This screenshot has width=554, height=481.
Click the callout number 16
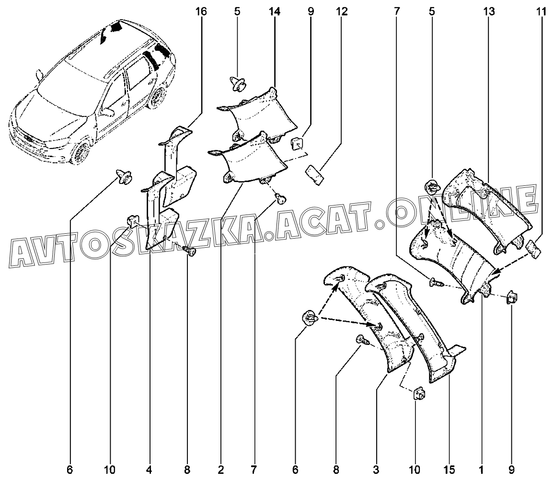[x=201, y=11]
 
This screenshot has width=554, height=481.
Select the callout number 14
[x=275, y=11]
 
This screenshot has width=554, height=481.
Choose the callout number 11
[x=541, y=11]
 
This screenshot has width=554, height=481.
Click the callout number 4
[x=150, y=470]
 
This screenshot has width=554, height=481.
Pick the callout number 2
[x=221, y=470]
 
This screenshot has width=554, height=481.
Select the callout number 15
[x=450, y=470]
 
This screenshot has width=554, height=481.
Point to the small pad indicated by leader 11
[x=533, y=249]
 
